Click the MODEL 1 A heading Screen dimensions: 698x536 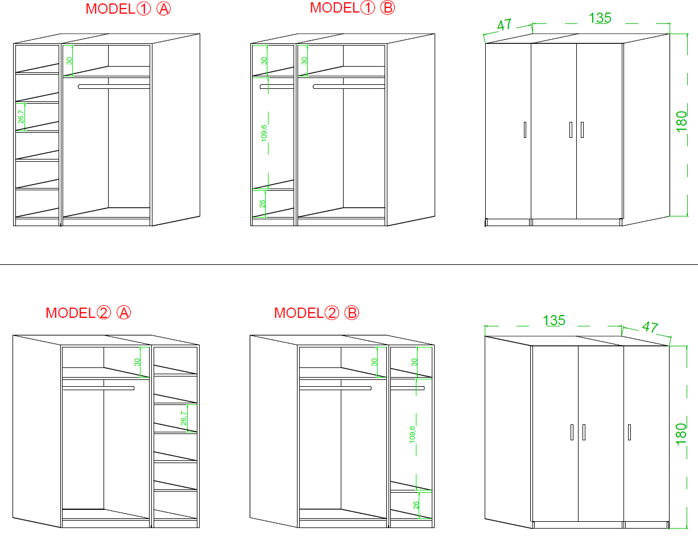(128, 9)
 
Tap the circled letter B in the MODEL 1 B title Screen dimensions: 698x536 (387, 8)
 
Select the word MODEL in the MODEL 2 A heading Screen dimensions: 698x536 (70, 313)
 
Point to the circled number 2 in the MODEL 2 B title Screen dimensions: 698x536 (332, 313)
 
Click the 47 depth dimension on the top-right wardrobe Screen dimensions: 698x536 (504, 24)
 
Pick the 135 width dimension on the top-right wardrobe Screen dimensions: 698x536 (600, 18)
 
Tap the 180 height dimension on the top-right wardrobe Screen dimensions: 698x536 (682, 121)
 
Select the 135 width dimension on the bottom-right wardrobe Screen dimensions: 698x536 (554, 320)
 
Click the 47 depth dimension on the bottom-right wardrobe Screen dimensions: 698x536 (650, 327)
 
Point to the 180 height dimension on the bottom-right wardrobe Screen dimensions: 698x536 (681, 434)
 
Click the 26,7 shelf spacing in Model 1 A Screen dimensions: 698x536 (21, 116)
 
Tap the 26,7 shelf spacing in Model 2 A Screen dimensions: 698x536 (183, 418)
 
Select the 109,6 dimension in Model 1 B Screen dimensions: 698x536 (264, 133)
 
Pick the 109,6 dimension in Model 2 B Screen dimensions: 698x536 (412, 435)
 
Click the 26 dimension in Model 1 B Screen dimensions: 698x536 (262, 203)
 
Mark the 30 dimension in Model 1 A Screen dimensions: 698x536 (69, 61)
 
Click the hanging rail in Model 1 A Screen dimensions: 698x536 (114, 87)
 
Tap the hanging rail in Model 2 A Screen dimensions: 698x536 (98, 388)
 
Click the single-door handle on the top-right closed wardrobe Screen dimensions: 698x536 (525, 130)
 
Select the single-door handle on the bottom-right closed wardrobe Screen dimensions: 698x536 (629, 432)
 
